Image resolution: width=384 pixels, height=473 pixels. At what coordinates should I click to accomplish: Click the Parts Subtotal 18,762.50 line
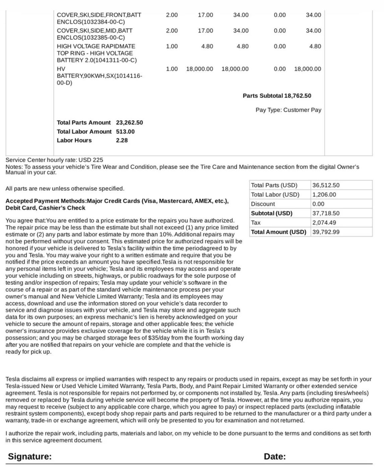[277, 96]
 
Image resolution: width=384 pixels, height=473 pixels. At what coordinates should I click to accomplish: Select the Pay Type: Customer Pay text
[288, 110]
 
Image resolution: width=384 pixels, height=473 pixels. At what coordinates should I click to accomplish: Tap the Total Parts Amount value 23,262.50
[129, 122]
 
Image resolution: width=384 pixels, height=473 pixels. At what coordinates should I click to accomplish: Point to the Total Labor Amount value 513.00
[125, 131]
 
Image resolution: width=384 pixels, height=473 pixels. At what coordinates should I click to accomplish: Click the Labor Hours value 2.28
[122, 140]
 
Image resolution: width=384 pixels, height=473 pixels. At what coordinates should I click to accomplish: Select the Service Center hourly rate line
[54, 160]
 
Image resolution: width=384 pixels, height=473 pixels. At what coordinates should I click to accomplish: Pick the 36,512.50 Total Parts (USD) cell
[326, 185]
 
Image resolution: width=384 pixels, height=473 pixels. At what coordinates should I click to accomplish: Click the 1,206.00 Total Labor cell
[324, 194]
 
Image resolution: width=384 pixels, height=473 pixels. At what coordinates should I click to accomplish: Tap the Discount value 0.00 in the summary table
[318, 204]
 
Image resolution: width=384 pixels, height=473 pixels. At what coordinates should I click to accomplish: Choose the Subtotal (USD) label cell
[271, 213]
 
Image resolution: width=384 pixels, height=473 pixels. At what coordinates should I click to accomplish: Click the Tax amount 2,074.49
[324, 222]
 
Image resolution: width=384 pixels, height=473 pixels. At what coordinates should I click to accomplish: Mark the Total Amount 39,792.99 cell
[326, 232]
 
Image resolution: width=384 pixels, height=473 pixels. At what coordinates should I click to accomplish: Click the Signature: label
[30, 456]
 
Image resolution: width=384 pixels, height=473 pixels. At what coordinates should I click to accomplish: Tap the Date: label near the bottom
[275, 456]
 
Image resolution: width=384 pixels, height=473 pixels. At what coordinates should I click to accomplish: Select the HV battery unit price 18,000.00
[199, 69]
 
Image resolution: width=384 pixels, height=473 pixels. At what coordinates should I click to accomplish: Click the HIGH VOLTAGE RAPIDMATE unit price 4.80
[207, 46]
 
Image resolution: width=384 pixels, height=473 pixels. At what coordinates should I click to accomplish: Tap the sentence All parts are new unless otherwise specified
[65, 188]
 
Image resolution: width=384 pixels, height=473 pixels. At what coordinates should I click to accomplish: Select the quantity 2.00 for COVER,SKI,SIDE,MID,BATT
[172, 30]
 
